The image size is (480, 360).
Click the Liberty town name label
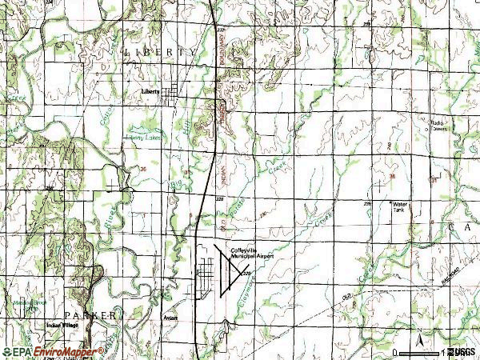point(150,90)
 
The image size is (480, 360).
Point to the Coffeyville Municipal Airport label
point(253,252)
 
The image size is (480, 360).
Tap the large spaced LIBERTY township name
point(160,51)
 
